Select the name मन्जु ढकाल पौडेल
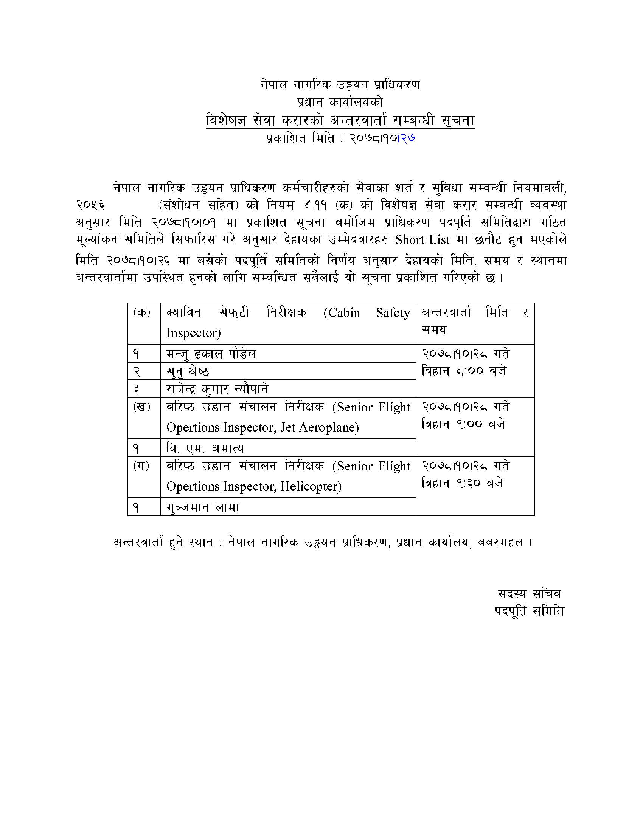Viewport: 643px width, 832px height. (211, 354)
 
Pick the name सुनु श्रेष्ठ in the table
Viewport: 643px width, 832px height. (188, 371)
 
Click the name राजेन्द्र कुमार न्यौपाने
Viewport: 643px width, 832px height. (217, 389)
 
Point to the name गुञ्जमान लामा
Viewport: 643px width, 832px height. (203, 508)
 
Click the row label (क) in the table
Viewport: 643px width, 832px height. (141, 313)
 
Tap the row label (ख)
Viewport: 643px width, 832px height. (141, 407)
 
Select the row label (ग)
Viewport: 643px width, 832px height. (141, 466)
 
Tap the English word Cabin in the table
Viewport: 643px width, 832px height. (342, 313)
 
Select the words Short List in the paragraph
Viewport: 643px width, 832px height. (422, 240)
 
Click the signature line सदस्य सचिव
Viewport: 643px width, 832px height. (530, 593)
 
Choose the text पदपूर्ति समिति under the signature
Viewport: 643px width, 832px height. (530, 611)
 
